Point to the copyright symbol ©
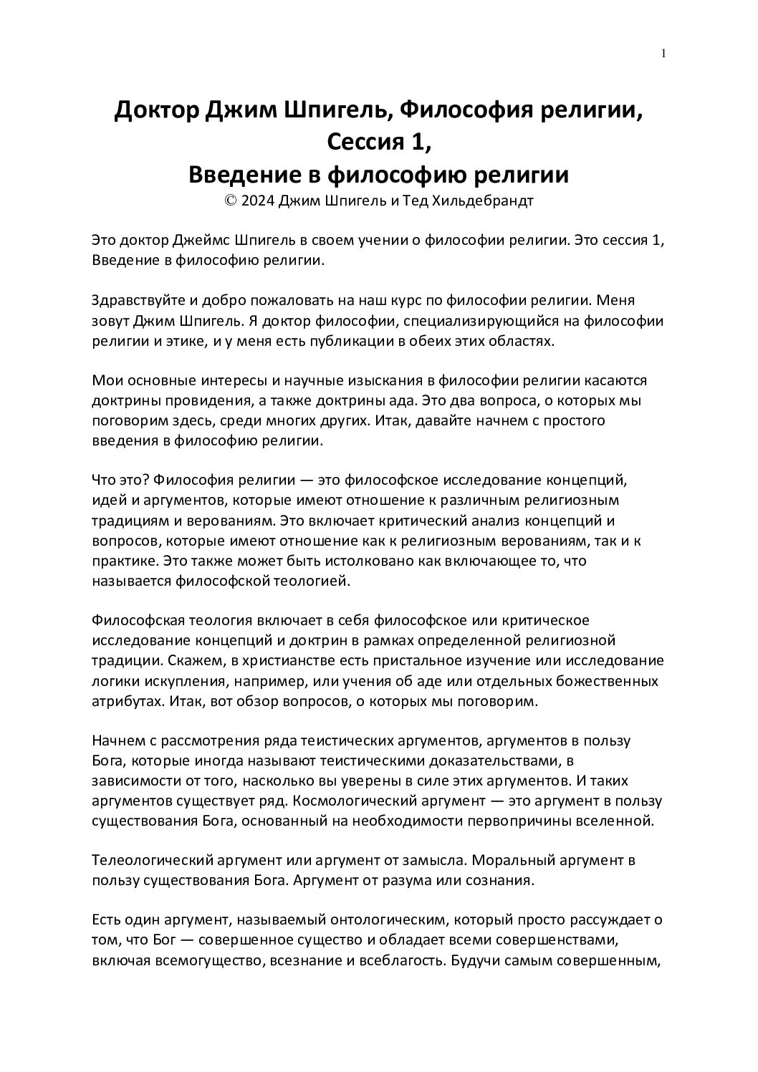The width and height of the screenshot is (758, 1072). (231, 201)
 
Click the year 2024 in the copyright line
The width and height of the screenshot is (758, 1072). (258, 201)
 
